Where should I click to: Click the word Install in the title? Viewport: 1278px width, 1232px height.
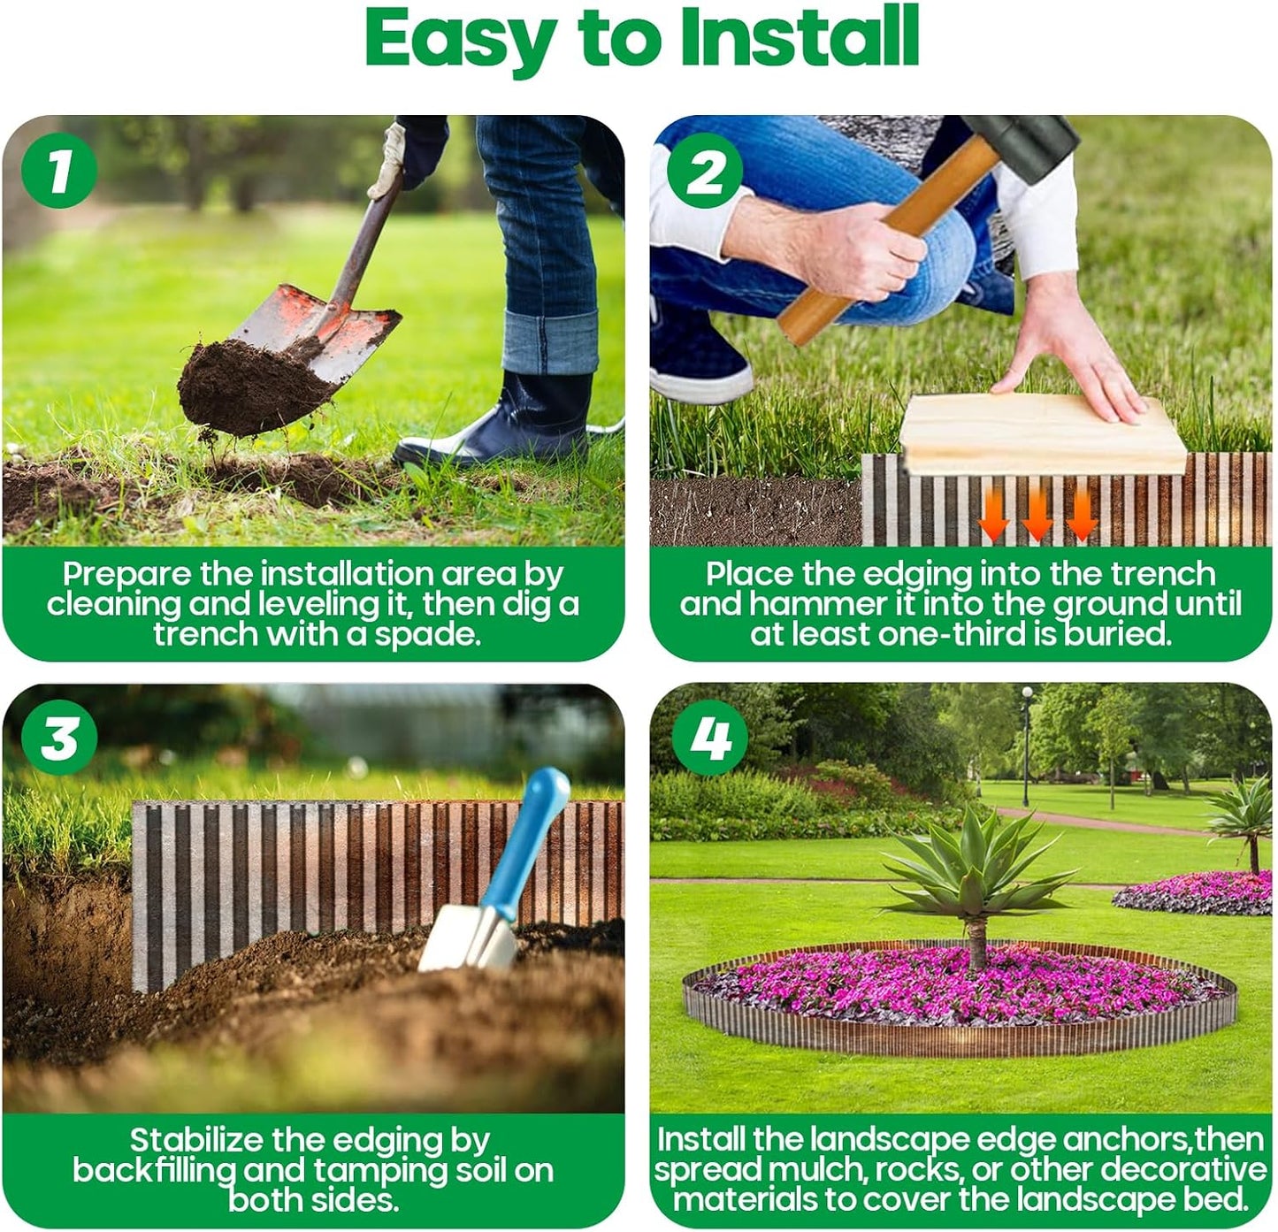[800, 37]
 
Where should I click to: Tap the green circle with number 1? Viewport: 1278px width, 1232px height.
[58, 170]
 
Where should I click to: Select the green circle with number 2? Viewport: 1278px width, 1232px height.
[705, 172]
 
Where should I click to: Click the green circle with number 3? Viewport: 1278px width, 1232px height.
[59, 737]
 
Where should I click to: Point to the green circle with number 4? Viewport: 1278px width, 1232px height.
[709, 737]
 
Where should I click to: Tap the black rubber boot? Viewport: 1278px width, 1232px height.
[513, 425]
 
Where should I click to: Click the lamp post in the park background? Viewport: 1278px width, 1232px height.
[1026, 743]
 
